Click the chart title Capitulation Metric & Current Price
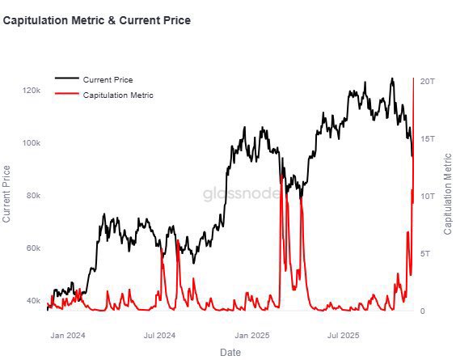pos(97,20)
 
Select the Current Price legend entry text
pos(108,79)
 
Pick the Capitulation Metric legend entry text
pos(117,95)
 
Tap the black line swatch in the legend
pos(67,79)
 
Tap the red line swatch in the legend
pos(67,95)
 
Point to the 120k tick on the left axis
pos(31,91)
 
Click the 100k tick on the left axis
pos(31,143)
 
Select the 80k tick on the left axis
pos(32,196)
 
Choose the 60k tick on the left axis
pos(32,248)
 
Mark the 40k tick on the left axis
pos(32,301)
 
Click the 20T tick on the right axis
pos(428,82)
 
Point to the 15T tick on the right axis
pos(428,139)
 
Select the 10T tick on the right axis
pos(428,197)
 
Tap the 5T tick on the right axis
pos(425,254)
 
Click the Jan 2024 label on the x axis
pos(68,334)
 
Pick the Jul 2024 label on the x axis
pos(159,334)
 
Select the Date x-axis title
pos(230,352)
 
